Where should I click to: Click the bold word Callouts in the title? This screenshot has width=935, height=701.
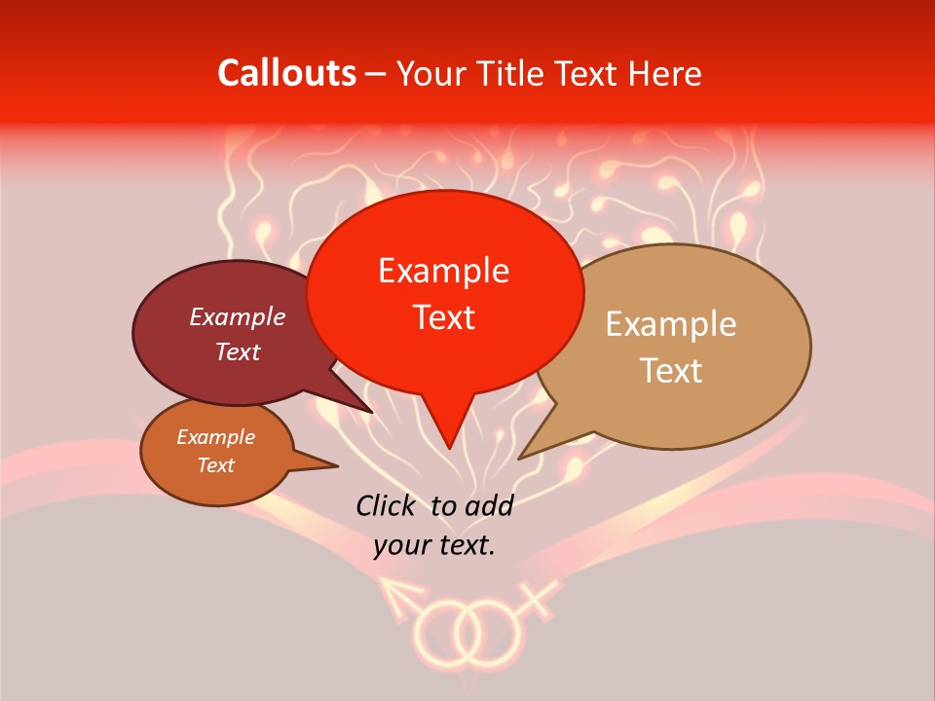pos(286,73)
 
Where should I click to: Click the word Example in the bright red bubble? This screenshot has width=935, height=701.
pos(443,271)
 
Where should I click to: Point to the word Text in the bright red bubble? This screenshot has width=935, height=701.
pos(443,317)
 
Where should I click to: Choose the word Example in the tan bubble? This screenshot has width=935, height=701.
pos(671,324)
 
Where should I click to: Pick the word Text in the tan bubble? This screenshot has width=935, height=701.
pos(671,371)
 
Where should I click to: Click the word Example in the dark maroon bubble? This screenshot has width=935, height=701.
pos(237,316)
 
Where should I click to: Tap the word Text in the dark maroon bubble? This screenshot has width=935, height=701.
pos(237,351)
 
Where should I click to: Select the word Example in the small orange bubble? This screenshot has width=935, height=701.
pos(215,437)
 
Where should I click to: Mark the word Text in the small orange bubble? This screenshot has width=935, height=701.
pos(215,465)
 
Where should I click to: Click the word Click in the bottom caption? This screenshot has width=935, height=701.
pos(387,505)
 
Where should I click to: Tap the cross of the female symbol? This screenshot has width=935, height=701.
pos(542,594)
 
